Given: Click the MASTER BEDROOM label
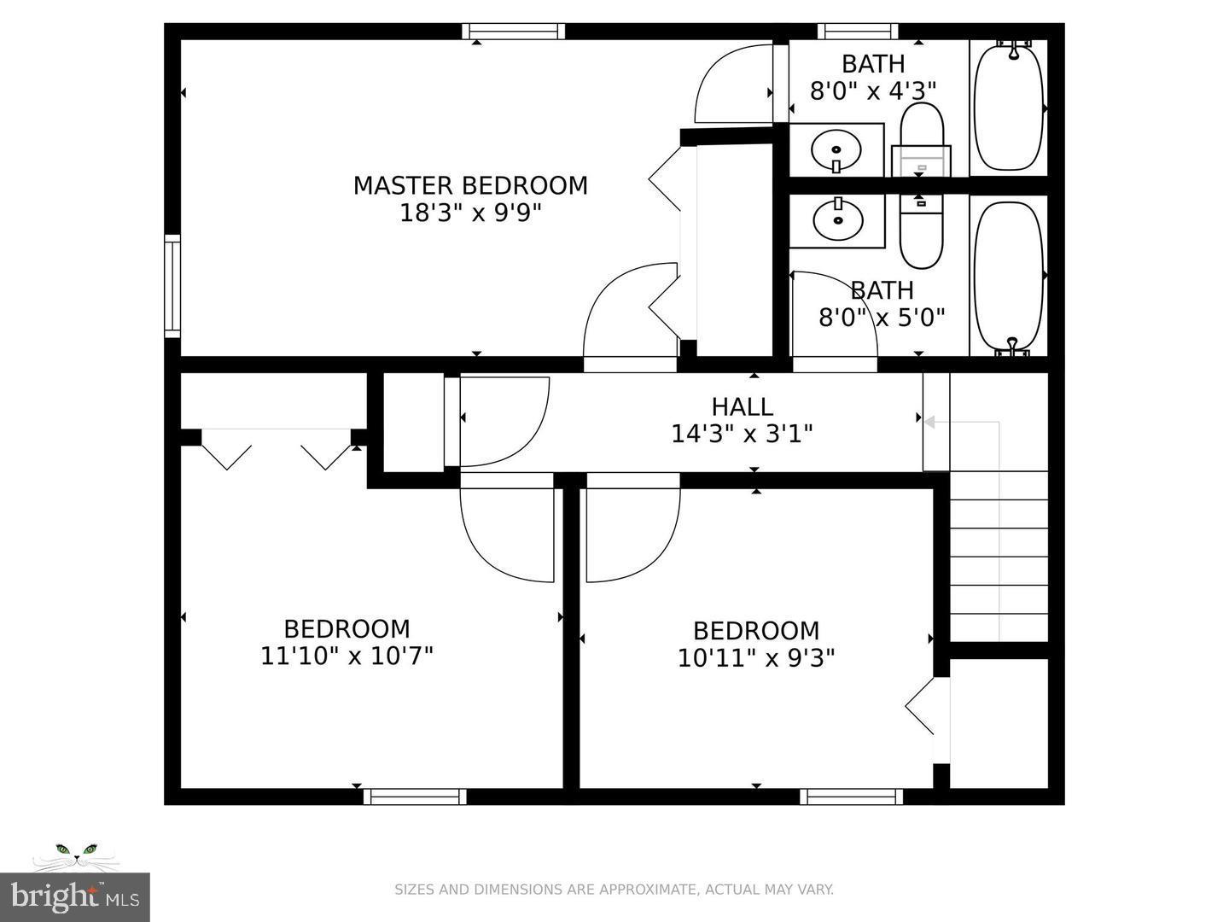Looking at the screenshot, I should (x=470, y=185).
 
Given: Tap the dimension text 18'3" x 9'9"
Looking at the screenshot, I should (x=470, y=213).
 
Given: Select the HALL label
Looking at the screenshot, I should (x=742, y=406).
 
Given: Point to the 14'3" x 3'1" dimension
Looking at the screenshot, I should (x=742, y=434).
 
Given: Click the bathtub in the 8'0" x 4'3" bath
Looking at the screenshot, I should (x=1008, y=108).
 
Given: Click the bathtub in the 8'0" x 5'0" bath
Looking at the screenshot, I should (x=1008, y=276).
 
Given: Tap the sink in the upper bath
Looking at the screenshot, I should (x=836, y=152).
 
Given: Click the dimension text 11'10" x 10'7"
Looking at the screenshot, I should (x=347, y=656).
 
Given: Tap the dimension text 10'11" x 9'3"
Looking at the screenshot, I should (x=755, y=658).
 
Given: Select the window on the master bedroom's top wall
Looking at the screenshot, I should (x=514, y=32).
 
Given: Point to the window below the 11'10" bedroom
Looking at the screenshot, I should (x=415, y=797).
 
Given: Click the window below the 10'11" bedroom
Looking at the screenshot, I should (x=851, y=797).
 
